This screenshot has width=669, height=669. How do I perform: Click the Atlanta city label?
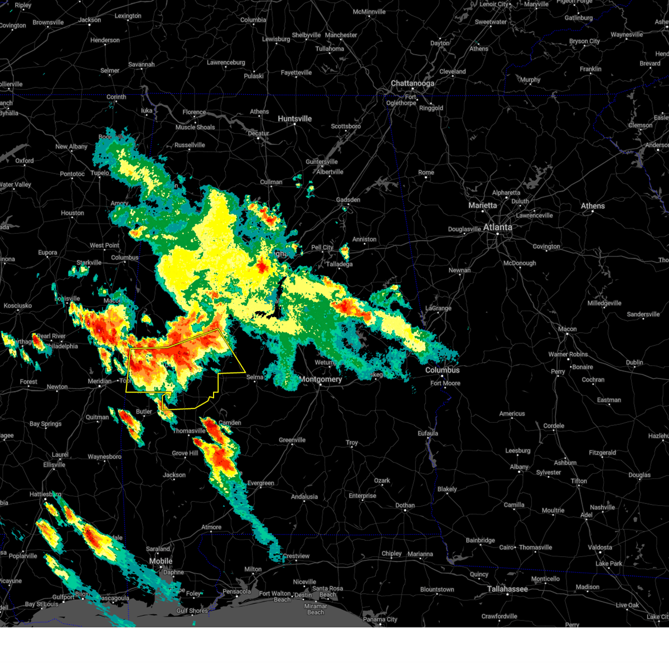pyautogui.click(x=497, y=227)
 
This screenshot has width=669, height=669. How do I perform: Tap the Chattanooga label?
pyautogui.click(x=412, y=84)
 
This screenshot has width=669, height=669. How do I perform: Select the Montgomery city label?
pyautogui.click(x=321, y=380)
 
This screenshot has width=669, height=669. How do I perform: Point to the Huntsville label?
pyautogui.click(x=295, y=119)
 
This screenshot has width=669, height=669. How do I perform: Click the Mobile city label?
pyautogui.click(x=161, y=561)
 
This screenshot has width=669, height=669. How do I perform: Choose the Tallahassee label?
pyautogui.click(x=507, y=589)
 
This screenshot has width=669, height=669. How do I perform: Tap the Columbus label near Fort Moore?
pyautogui.click(x=443, y=370)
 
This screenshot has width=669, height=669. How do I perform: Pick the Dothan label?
pyautogui.click(x=405, y=506)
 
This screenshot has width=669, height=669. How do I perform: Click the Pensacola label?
pyautogui.click(x=236, y=592)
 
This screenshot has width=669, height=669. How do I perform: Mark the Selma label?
pyautogui.click(x=255, y=377)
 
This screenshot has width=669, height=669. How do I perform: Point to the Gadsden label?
pyautogui.click(x=348, y=200)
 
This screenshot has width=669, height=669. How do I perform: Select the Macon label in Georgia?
pyautogui.click(x=567, y=329)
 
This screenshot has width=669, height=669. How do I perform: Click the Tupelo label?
pyautogui.click(x=100, y=173)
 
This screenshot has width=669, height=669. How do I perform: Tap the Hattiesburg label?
pyautogui.click(x=45, y=495)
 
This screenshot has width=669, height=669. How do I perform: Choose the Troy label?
pyautogui.click(x=352, y=443)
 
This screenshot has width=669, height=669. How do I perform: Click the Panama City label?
pyautogui.click(x=381, y=619)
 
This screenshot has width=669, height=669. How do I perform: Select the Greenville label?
pyautogui.click(x=292, y=440)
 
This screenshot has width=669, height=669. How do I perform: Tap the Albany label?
pyautogui.click(x=519, y=467)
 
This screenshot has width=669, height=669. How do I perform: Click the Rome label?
pyautogui.click(x=426, y=173)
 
